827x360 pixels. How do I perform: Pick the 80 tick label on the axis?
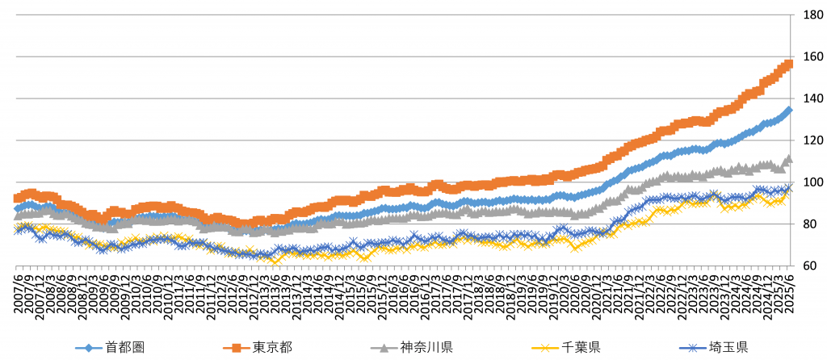pos(808,224)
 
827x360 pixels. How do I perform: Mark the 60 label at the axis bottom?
pos(808,266)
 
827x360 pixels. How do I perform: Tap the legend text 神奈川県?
pos(426,348)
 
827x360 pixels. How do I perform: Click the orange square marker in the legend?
pos(236,348)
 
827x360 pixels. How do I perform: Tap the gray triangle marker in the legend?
pos(383,348)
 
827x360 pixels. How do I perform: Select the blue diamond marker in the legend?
pos(89,348)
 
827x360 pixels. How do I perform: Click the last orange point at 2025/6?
pos(789,64)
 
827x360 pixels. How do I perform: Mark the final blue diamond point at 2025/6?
pos(789,110)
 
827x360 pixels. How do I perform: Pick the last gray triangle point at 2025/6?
pos(789,159)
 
